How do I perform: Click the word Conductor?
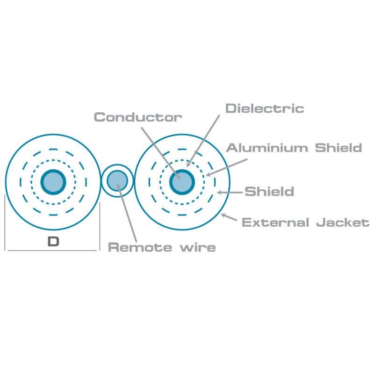click(138, 117)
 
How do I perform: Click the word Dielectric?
click(265, 108)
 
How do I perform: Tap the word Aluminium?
click(267, 148)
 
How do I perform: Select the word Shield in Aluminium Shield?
click(338, 148)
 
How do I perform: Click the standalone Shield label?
click(269, 192)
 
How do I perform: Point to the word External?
click(275, 223)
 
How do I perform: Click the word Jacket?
click(343, 223)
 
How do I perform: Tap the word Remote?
click(140, 247)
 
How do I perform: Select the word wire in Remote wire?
click(198, 247)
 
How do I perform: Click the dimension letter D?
click(53, 242)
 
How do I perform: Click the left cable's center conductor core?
click(53, 182)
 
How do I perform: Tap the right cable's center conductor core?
click(182, 182)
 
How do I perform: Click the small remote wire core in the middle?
click(117, 181)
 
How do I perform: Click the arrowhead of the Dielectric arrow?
click(188, 165)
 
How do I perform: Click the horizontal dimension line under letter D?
click(52, 251)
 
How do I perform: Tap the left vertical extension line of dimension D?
click(5, 223)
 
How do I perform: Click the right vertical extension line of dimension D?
click(100, 227)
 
